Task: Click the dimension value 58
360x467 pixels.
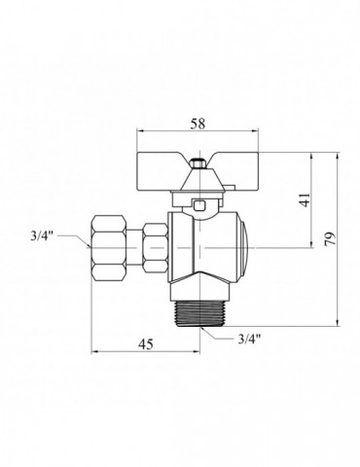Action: click(x=198, y=124)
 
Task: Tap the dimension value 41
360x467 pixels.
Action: click(x=305, y=199)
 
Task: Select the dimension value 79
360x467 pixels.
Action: click(x=331, y=239)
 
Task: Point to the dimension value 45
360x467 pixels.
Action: click(x=146, y=344)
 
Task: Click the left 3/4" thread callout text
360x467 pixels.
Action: click(x=41, y=236)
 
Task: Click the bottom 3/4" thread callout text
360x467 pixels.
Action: click(x=249, y=340)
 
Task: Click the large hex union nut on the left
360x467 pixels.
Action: click(x=109, y=248)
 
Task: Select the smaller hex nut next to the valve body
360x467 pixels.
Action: click(x=157, y=248)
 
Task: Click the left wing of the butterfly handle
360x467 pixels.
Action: click(x=161, y=171)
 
